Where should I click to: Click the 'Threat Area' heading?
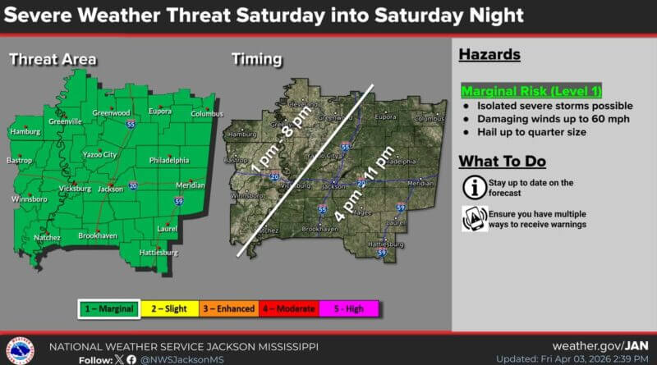point(53,59)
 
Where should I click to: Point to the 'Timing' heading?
point(257,59)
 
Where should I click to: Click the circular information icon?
point(472,186)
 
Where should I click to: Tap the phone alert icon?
point(472,219)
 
